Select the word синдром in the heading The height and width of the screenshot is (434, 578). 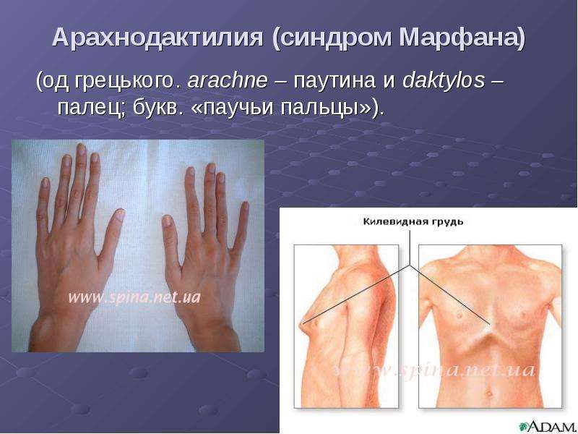pyautogui.click(x=335, y=38)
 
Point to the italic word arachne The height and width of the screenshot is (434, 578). pyautogui.click(x=228, y=80)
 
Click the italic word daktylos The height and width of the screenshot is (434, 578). pyautogui.click(x=444, y=80)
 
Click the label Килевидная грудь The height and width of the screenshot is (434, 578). pyautogui.click(x=413, y=222)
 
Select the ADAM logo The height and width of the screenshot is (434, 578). pyautogui.click(x=547, y=426)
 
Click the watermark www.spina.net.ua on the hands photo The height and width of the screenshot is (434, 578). pyautogui.click(x=134, y=297)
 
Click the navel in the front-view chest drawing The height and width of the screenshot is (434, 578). pyautogui.click(x=489, y=393)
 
